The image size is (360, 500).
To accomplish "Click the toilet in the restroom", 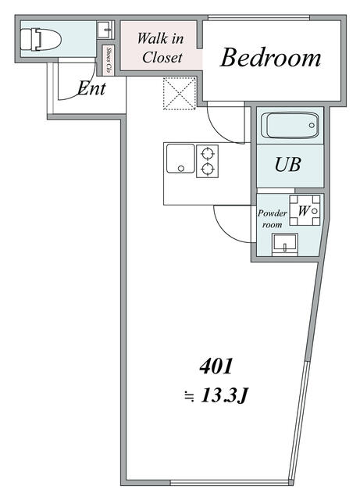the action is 40,40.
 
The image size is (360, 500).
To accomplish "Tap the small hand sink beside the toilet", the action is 105,30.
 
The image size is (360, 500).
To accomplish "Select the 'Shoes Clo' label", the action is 109,61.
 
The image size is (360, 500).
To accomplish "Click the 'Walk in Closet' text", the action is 161,48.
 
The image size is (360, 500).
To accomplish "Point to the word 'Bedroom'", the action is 270,58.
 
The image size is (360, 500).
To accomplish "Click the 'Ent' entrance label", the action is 91,88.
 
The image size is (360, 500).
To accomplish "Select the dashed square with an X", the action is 179,94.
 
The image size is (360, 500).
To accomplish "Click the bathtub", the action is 290,125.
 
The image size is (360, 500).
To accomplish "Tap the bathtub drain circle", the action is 312,125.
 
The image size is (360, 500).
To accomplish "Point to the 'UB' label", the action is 287,165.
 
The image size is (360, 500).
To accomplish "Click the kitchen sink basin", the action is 180,159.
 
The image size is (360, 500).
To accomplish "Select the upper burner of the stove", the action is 208,154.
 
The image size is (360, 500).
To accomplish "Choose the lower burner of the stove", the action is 208,169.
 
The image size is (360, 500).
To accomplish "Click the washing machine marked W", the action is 305,210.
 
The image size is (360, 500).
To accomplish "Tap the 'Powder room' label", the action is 272,219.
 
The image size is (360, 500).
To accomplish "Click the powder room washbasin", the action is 285,245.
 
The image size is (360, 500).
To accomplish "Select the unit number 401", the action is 216,366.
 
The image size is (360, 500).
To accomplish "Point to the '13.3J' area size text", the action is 224,396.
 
